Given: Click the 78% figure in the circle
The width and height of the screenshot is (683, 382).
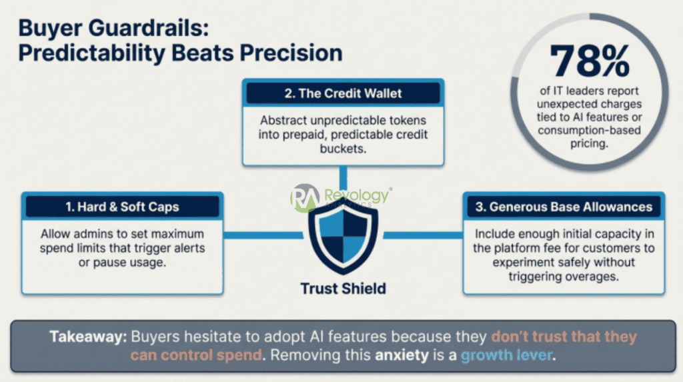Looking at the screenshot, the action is click(590, 60).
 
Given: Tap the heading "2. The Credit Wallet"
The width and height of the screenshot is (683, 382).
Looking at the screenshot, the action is click(344, 93).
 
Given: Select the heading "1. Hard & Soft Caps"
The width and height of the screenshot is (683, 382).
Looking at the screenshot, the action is click(122, 207).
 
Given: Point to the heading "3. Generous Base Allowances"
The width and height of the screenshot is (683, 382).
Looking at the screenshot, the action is click(564, 207).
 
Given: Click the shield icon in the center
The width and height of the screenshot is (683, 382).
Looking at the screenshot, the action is click(343, 238).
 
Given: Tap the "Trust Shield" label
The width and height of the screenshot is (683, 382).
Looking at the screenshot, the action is click(344, 289).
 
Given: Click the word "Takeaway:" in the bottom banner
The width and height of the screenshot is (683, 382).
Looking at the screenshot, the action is click(88, 336).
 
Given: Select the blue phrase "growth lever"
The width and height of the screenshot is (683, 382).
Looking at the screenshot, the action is click(506, 355).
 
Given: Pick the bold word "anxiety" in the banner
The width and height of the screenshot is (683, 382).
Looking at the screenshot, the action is click(402, 355).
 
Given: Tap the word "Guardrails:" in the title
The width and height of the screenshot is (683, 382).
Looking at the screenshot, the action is click(149, 28).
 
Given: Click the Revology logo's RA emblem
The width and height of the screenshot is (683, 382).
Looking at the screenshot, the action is click(305, 198).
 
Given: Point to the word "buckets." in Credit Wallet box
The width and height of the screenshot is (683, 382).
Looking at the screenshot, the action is click(343, 149).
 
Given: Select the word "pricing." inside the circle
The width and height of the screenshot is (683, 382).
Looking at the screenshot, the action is click(589, 143).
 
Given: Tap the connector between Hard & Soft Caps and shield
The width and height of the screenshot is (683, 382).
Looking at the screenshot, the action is click(263, 235).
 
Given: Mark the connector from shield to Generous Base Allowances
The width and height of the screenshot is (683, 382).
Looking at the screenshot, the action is click(423, 235).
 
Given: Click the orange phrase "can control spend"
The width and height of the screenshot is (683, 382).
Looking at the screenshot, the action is click(196, 355).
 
